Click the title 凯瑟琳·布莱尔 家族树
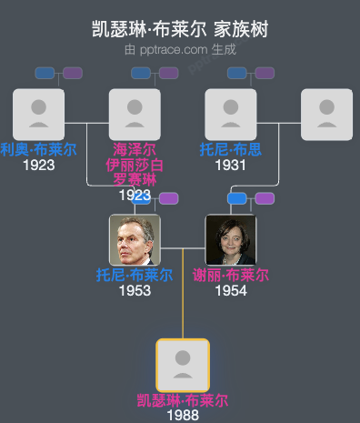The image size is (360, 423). pos(180,29)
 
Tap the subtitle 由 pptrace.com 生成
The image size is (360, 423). pos(180,49)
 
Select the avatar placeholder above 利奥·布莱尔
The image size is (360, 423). pos(38,115)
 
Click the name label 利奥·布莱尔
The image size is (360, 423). pos(38,149)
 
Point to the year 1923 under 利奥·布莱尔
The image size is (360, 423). pos(38,165)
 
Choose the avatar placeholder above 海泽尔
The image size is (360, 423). pos(135,115)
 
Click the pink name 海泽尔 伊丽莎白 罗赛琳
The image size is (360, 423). pos(135,165)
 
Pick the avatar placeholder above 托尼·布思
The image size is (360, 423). pos(231,115)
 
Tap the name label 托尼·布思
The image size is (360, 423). pos(231,149)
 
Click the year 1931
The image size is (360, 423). pos(231,165)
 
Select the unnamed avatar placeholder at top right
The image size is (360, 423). pos(326,115)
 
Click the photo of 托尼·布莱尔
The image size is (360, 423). pos(135,240)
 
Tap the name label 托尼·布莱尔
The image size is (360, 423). pos(135,275)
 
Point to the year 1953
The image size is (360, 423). pos(135,290)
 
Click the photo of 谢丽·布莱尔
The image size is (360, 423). pos(231,240)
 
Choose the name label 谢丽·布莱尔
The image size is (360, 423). pos(231,275)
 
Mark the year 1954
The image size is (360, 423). pos(231,290)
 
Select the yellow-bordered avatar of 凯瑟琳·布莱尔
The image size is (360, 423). pos(183,365)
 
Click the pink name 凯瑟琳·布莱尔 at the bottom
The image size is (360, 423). pos(183,400)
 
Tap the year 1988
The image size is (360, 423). pos(183,415)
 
